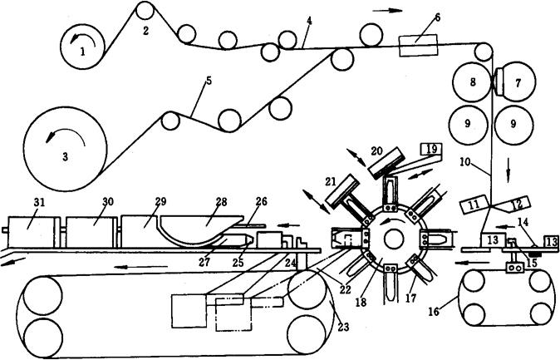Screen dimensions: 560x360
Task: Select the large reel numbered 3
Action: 66,149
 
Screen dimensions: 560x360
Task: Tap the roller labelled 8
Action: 472,81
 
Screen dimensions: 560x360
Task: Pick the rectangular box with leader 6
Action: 418,46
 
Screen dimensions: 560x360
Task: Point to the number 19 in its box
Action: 431,148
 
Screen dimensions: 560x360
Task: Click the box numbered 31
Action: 31,231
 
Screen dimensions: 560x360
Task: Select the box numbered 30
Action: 91,231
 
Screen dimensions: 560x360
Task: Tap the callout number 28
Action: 222,202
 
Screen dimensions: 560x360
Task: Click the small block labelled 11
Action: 474,204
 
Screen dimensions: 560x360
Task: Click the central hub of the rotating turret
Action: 395,239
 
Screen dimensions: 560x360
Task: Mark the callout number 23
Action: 343,327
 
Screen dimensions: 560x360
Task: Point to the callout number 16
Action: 434,312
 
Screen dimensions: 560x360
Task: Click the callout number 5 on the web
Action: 209,81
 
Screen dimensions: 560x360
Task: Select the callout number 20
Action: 376,150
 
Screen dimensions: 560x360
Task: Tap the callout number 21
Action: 331,181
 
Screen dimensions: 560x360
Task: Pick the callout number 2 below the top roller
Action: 145,31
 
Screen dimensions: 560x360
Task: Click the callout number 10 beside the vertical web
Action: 465,161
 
